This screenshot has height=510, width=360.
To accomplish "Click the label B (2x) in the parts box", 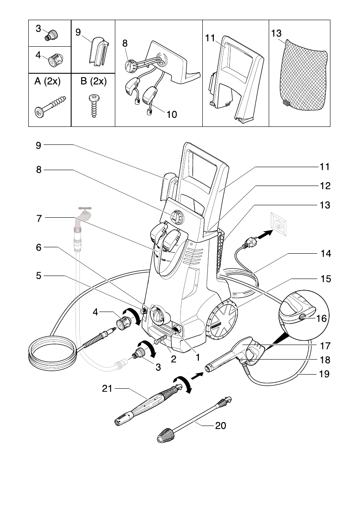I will (x=93, y=82).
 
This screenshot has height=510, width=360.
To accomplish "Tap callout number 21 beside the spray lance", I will (x=107, y=389).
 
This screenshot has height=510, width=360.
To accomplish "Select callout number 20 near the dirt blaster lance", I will (x=220, y=426).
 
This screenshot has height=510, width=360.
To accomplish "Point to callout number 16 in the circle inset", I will (x=321, y=318).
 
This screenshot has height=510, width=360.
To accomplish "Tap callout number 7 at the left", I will (x=39, y=218).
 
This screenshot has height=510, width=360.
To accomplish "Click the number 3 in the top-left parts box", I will (x=38, y=29).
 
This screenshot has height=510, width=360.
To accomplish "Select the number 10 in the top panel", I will (x=171, y=114).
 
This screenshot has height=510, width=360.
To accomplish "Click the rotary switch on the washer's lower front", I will (x=158, y=316).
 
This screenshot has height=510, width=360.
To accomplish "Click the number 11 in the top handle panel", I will (x=210, y=38).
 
